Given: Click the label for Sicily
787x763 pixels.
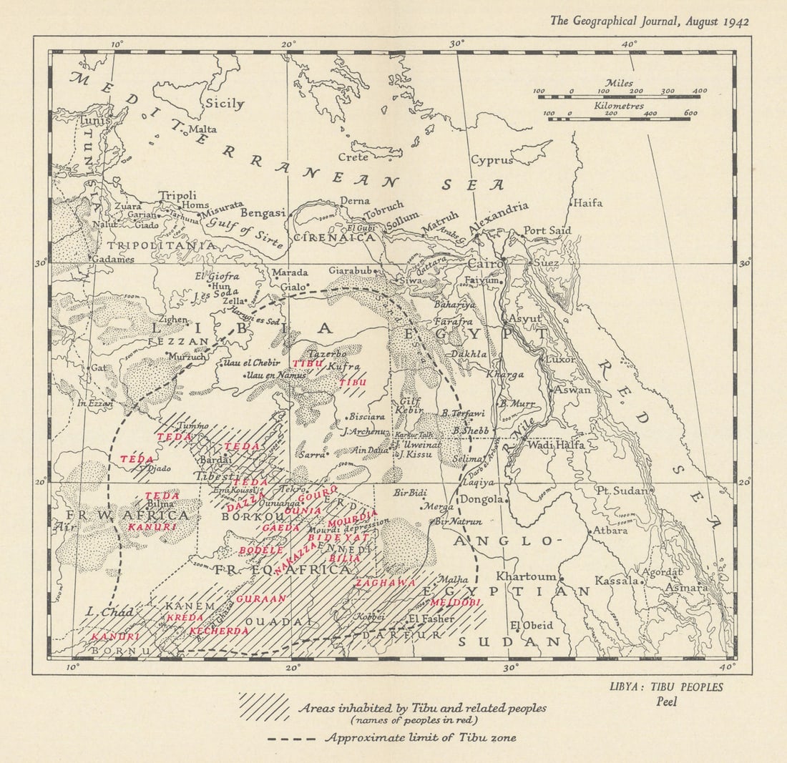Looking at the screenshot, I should [225, 104].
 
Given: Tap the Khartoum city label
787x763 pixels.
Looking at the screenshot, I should [527, 576].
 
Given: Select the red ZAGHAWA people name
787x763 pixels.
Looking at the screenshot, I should [386, 583].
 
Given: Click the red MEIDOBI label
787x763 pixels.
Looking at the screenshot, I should [455, 603].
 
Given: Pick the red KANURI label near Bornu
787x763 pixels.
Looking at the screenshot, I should [115, 636].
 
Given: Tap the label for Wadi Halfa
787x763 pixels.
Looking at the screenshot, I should [556, 445].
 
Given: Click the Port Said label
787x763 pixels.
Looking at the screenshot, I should [547, 230].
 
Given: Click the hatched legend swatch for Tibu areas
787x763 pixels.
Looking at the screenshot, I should [264, 707].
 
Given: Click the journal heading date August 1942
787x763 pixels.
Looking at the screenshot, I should [716, 21].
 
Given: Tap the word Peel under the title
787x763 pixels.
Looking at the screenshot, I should [667, 702].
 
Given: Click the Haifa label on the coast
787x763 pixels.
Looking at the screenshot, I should [588, 202].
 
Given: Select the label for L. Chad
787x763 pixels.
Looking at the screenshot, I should [99, 612].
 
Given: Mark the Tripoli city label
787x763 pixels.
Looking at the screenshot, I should [177, 195].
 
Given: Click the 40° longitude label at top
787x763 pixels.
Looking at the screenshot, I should [630, 44].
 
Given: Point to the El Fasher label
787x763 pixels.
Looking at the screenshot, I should [431, 619].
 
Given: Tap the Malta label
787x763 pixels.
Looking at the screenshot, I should [202, 129].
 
